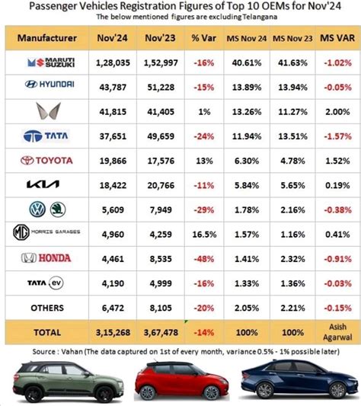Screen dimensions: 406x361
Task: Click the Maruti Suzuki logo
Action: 47,62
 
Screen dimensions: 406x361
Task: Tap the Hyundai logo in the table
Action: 47,87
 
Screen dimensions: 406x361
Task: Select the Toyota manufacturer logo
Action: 47,161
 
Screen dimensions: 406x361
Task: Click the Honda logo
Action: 47,258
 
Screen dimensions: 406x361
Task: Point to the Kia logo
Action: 47,184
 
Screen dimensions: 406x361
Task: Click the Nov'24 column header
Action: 113,37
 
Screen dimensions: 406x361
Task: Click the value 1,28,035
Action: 113,62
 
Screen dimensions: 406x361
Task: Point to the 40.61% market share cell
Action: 248,62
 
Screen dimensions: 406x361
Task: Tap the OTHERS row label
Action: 47,307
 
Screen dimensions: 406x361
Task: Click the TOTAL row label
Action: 47,332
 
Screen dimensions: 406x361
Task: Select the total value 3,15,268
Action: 113,332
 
